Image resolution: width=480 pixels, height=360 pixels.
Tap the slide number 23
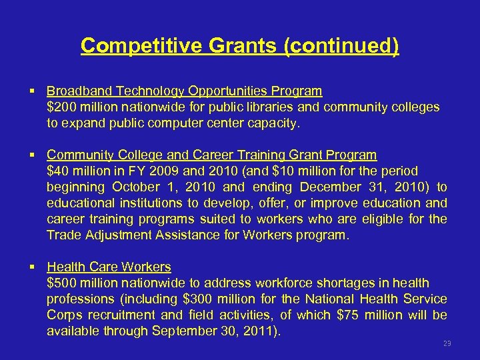[x=447, y=344]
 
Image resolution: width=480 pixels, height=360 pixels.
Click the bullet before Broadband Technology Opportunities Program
[x=33, y=91]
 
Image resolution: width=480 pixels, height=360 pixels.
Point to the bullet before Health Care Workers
[x=33, y=267]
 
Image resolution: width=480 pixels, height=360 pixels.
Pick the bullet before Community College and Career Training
[x=33, y=155]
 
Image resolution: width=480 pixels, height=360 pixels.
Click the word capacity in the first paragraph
[x=274, y=123]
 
